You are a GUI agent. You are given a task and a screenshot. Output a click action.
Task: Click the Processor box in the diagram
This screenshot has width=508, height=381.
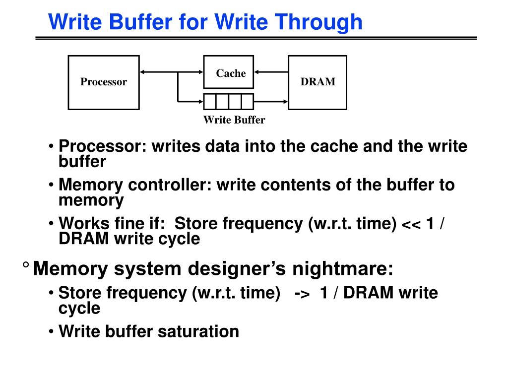coord(103,82)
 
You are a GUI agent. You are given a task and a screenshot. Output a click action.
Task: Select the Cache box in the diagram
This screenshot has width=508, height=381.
coord(228,73)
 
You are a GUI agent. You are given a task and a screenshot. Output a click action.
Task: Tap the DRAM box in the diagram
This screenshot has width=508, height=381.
coord(317,82)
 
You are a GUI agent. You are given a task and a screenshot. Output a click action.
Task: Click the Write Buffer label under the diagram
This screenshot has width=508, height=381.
coord(234,120)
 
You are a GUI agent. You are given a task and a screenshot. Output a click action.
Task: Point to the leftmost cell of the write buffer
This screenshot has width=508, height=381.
coord(210,102)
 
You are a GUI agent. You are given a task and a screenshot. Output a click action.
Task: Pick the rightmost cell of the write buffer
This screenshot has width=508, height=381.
coord(247,102)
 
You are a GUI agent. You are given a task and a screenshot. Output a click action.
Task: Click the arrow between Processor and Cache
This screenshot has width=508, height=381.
coord(171,72)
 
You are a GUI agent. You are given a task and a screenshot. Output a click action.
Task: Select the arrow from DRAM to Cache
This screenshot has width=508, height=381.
coord(271,72)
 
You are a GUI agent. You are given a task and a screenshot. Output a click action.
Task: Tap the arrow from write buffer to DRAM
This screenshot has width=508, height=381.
coord(271,102)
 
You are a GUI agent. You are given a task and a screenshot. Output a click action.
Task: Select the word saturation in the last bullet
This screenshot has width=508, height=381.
coord(198,331)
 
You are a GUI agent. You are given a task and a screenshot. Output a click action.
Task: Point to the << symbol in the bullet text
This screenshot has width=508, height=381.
coord(411,224)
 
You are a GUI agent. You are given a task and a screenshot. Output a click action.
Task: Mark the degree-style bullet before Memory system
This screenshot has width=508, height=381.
coord(25,266)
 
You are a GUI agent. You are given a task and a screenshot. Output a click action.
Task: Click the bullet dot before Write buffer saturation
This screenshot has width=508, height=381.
coord(52,331)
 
